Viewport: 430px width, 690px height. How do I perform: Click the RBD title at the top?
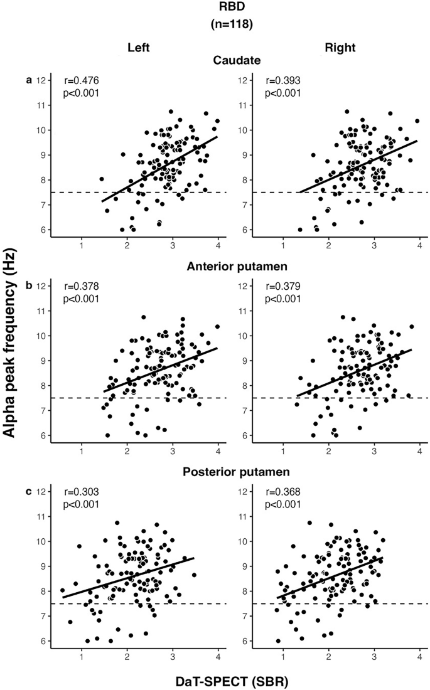(214, 8)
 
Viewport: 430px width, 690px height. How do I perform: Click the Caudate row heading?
(215, 60)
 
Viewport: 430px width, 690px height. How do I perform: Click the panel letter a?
(28, 80)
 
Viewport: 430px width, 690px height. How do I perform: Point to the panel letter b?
(28, 285)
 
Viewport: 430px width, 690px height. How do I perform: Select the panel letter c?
(28, 491)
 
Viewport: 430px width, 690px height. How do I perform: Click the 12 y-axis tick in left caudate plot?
(40, 80)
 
